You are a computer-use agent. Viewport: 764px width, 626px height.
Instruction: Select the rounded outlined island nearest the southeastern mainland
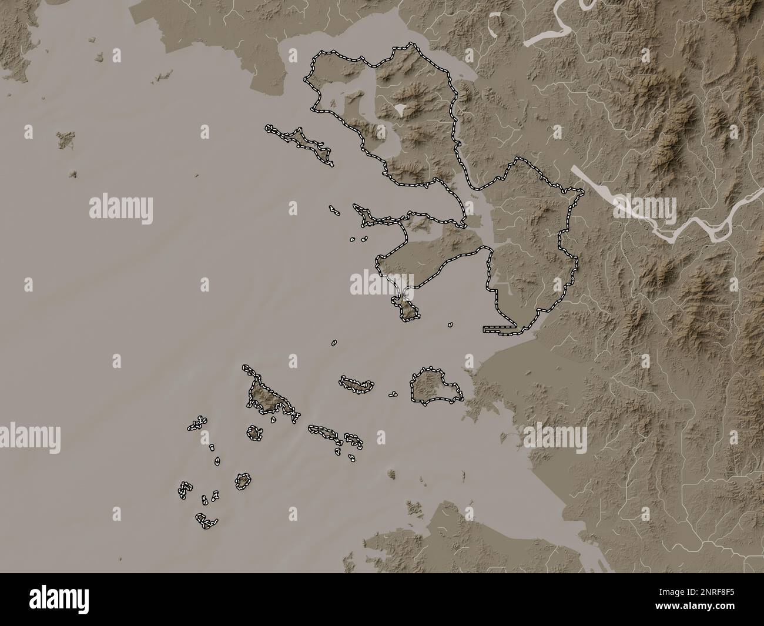click(x=434, y=386)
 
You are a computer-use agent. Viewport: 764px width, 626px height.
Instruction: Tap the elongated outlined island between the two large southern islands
click(x=356, y=385)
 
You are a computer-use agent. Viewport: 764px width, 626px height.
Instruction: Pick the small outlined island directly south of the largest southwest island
click(x=254, y=433)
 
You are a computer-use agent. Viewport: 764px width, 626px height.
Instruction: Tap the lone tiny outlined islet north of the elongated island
click(x=334, y=342)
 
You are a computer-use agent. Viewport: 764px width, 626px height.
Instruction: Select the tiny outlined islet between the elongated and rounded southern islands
click(x=393, y=394)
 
